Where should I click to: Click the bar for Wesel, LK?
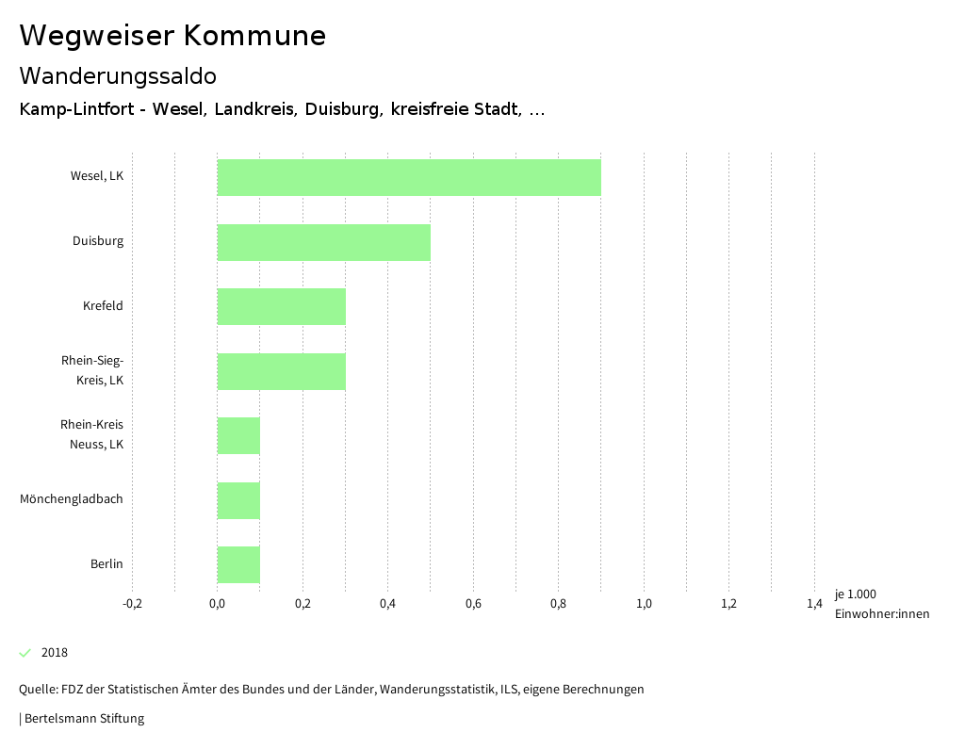pyautogui.click(x=409, y=177)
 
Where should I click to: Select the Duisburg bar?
pyautogui.click(x=324, y=242)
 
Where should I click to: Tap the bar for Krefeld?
pyautogui.click(x=282, y=306)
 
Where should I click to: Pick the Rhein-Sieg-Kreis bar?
pyautogui.click(x=282, y=371)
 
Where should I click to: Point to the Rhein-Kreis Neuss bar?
pyautogui.click(x=238, y=435)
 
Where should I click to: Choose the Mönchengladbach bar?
pyautogui.click(x=238, y=500)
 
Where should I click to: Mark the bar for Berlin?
pyautogui.click(x=238, y=564)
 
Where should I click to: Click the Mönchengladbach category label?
pyautogui.click(x=72, y=499)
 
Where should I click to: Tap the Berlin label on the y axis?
pyautogui.click(x=106, y=564)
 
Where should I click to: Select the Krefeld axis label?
pyautogui.click(x=103, y=306)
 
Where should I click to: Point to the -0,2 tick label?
pyautogui.click(x=133, y=604)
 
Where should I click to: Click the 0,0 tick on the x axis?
pyautogui.click(x=218, y=604)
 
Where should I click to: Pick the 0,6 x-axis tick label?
pyautogui.click(x=473, y=604)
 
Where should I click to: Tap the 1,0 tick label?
pyautogui.click(x=644, y=604)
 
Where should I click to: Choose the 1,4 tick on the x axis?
pyautogui.click(x=814, y=604)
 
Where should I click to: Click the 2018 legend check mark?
pyautogui.click(x=25, y=653)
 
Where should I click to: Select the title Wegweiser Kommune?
pyautogui.click(x=172, y=36)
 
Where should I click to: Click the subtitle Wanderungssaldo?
pyautogui.click(x=118, y=75)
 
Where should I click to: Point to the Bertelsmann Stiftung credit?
pyautogui.click(x=83, y=719)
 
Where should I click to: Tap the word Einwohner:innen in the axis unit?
pyautogui.click(x=881, y=614)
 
